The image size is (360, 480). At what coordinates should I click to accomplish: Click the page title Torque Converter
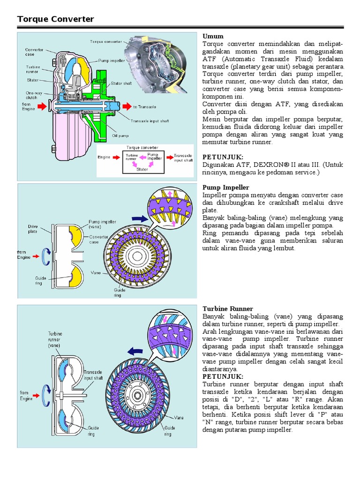(x=55, y=19)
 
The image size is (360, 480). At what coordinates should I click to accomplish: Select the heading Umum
(x=213, y=36)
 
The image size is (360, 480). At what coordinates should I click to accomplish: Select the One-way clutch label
(x=34, y=95)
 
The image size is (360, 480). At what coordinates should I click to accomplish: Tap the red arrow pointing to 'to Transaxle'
(x=125, y=106)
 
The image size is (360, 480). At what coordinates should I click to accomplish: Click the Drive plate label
(x=33, y=228)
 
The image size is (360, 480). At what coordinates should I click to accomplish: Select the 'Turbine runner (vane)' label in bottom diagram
(x=55, y=339)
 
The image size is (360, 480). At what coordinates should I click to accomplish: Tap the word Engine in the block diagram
(x=104, y=157)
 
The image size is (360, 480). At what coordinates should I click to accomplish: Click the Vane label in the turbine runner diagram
(x=179, y=417)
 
